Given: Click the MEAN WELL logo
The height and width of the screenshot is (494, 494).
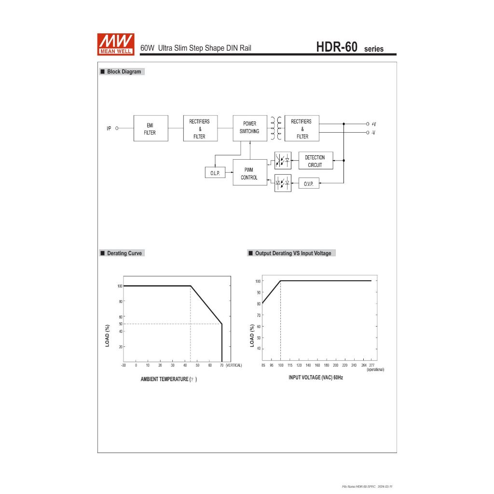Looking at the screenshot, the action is coord(116,44).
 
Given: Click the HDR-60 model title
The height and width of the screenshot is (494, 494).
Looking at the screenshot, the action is coord(336,47).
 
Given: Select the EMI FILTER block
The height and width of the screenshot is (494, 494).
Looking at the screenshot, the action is coord(151,128).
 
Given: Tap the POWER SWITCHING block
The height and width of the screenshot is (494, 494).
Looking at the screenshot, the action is coord(250,128).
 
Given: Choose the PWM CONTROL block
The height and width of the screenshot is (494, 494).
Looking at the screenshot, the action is coord(250,172).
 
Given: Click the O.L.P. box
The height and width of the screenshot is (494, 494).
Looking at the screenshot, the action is coord(215,173).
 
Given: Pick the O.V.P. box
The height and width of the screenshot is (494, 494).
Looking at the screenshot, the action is coord(309,183).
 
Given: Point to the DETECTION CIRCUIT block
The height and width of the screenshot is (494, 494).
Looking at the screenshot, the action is coord(316,161).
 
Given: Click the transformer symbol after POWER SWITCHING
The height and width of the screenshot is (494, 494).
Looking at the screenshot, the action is coord(276,128).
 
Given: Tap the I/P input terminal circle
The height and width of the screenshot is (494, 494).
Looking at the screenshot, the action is coord(117,128).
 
